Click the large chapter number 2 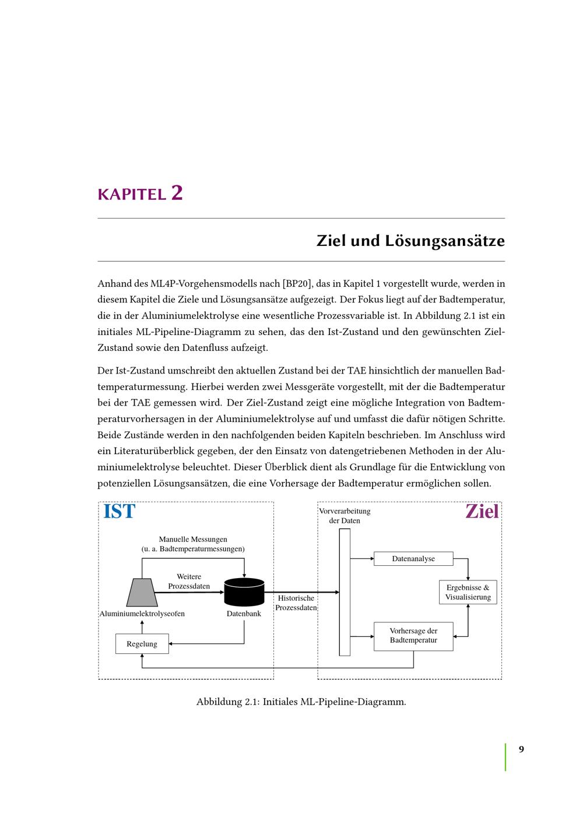(x=177, y=192)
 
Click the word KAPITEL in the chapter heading (x=132, y=195)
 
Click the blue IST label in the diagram (x=120, y=512)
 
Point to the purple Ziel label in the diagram (x=482, y=512)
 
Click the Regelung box (x=142, y=644)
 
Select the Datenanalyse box (x=413, y=559)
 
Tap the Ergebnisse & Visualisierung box (x=468, y=592)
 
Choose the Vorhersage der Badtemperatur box (x=413, y=636)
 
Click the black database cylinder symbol (x=244, y=591)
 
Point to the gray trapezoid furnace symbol (x=142, y=592)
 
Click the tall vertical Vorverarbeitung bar (x=345, y=591)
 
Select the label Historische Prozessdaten (x=296, y=603)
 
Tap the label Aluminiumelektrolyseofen (x=142, y=614)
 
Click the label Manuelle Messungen (x=193, y=540)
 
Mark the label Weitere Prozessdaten (x=189, y=582)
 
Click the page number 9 (x=521, y=749)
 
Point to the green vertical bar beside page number (x=505, y=757)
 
